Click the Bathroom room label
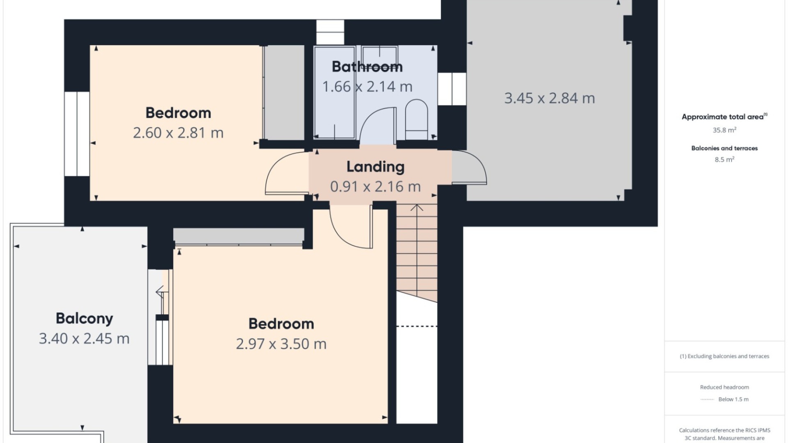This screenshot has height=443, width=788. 367,66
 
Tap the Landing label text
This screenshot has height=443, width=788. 375,167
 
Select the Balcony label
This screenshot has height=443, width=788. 84,318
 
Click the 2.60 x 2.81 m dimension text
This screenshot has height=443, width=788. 178,133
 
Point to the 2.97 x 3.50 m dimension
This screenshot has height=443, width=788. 281,344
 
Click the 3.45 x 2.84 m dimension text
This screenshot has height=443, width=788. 549,98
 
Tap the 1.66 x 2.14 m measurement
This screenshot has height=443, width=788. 367,87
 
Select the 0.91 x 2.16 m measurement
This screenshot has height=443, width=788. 375,187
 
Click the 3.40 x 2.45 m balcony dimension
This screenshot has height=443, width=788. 84,339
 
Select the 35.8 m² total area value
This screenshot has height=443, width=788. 724,130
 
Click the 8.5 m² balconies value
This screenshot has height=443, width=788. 724,160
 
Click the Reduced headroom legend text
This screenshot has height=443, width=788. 724,387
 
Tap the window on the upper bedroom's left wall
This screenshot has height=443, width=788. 77,134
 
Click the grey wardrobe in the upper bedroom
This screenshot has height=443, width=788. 284,92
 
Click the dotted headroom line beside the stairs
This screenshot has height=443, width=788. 417,326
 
